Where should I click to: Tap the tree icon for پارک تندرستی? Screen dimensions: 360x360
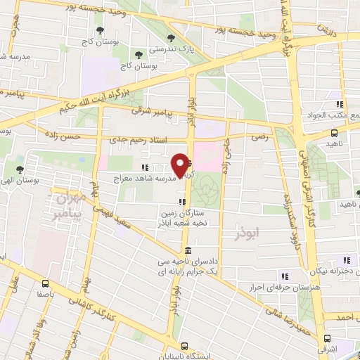pyautogui.click(x=168, y=39)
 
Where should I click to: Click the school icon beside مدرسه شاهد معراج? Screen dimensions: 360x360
pyautogui.click(x=144, y=167)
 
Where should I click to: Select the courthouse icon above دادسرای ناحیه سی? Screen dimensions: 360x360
pyautogui.click(x=188, y=251)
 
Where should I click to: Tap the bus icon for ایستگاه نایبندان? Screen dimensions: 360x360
pyautogui.click(x=185, y=346)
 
